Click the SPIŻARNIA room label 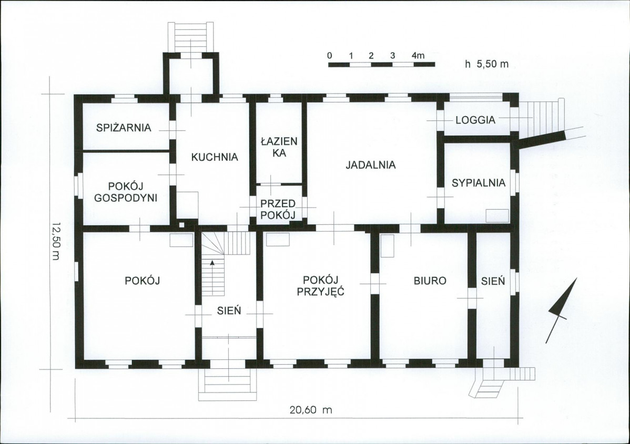point(124,128)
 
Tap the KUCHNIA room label point(215,157)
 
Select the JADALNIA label point(371,164)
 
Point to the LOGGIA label point(475,120)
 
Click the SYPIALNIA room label point(479,183)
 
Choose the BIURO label point(430,281)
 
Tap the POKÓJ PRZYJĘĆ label point(321,285)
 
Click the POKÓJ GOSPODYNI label point(126,192)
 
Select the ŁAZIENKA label point(279,147)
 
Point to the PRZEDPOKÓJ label point(278,209)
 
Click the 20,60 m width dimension point(311,410)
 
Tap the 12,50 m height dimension point(55,241)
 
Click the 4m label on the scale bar point(418,55)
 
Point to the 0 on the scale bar point(330,55)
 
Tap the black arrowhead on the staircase point(212,263)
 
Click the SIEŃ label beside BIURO point(493,281)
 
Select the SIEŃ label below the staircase point(229,311)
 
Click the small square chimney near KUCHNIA point(182,225)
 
